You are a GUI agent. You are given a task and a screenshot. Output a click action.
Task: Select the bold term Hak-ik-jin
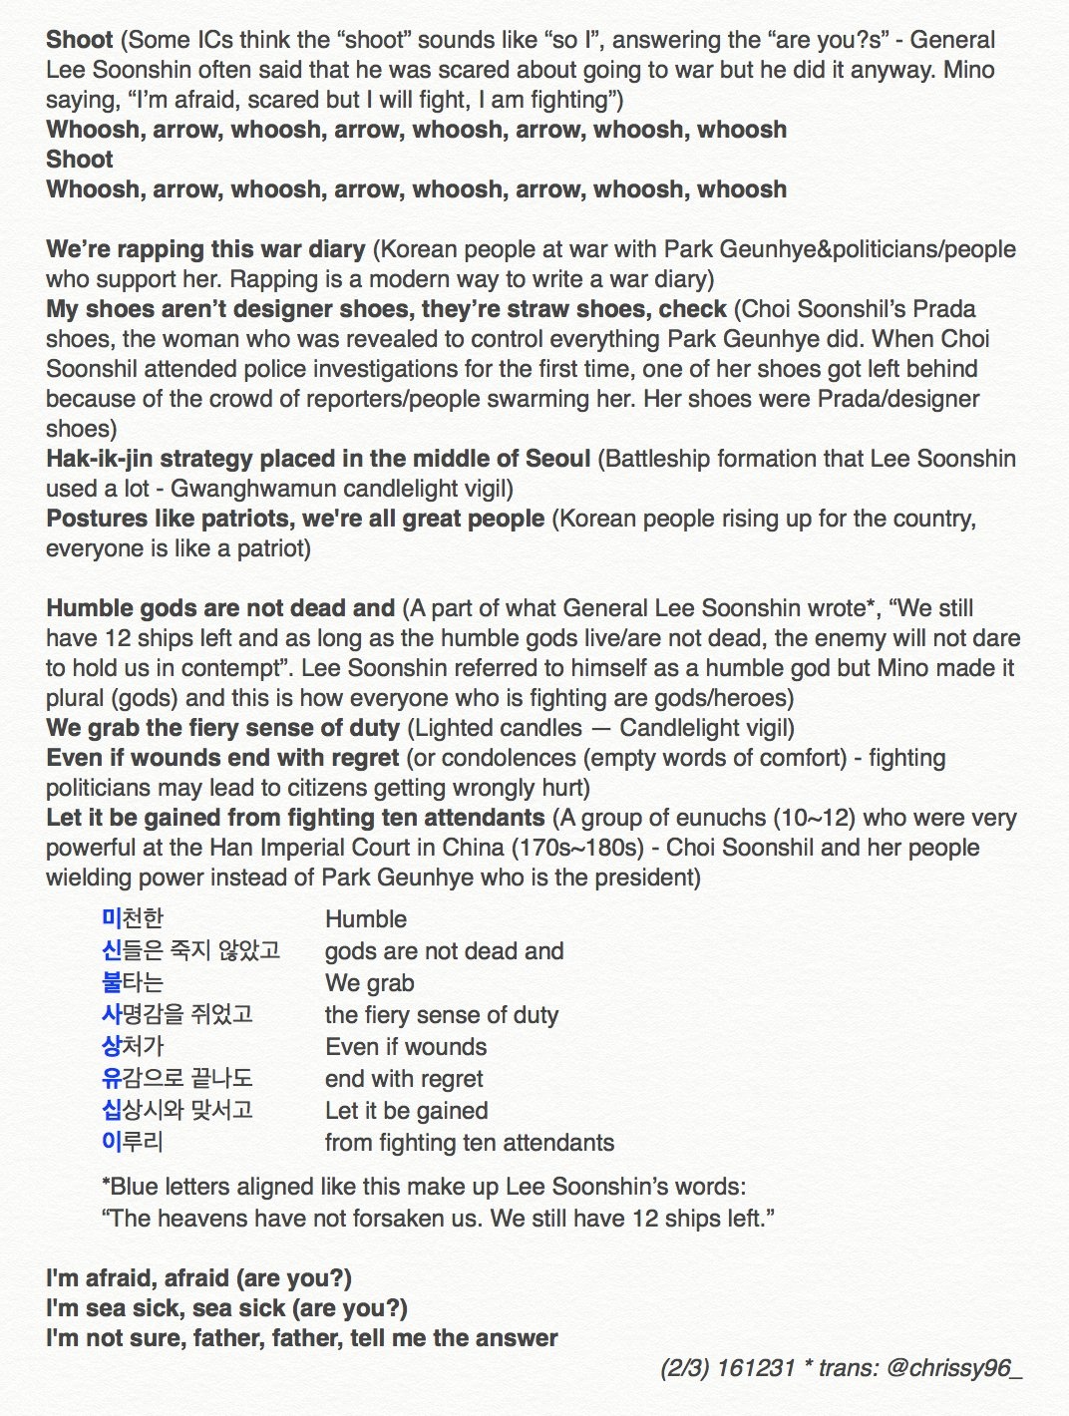click(95, 459)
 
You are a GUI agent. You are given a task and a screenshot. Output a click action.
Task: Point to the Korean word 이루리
click(133, 1142)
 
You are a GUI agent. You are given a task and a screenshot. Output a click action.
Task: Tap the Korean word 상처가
click(133, 1046)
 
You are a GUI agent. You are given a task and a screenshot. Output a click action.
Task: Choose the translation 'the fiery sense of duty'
click(442, 1015)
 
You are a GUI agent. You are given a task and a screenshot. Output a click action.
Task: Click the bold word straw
click(508, 309)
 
